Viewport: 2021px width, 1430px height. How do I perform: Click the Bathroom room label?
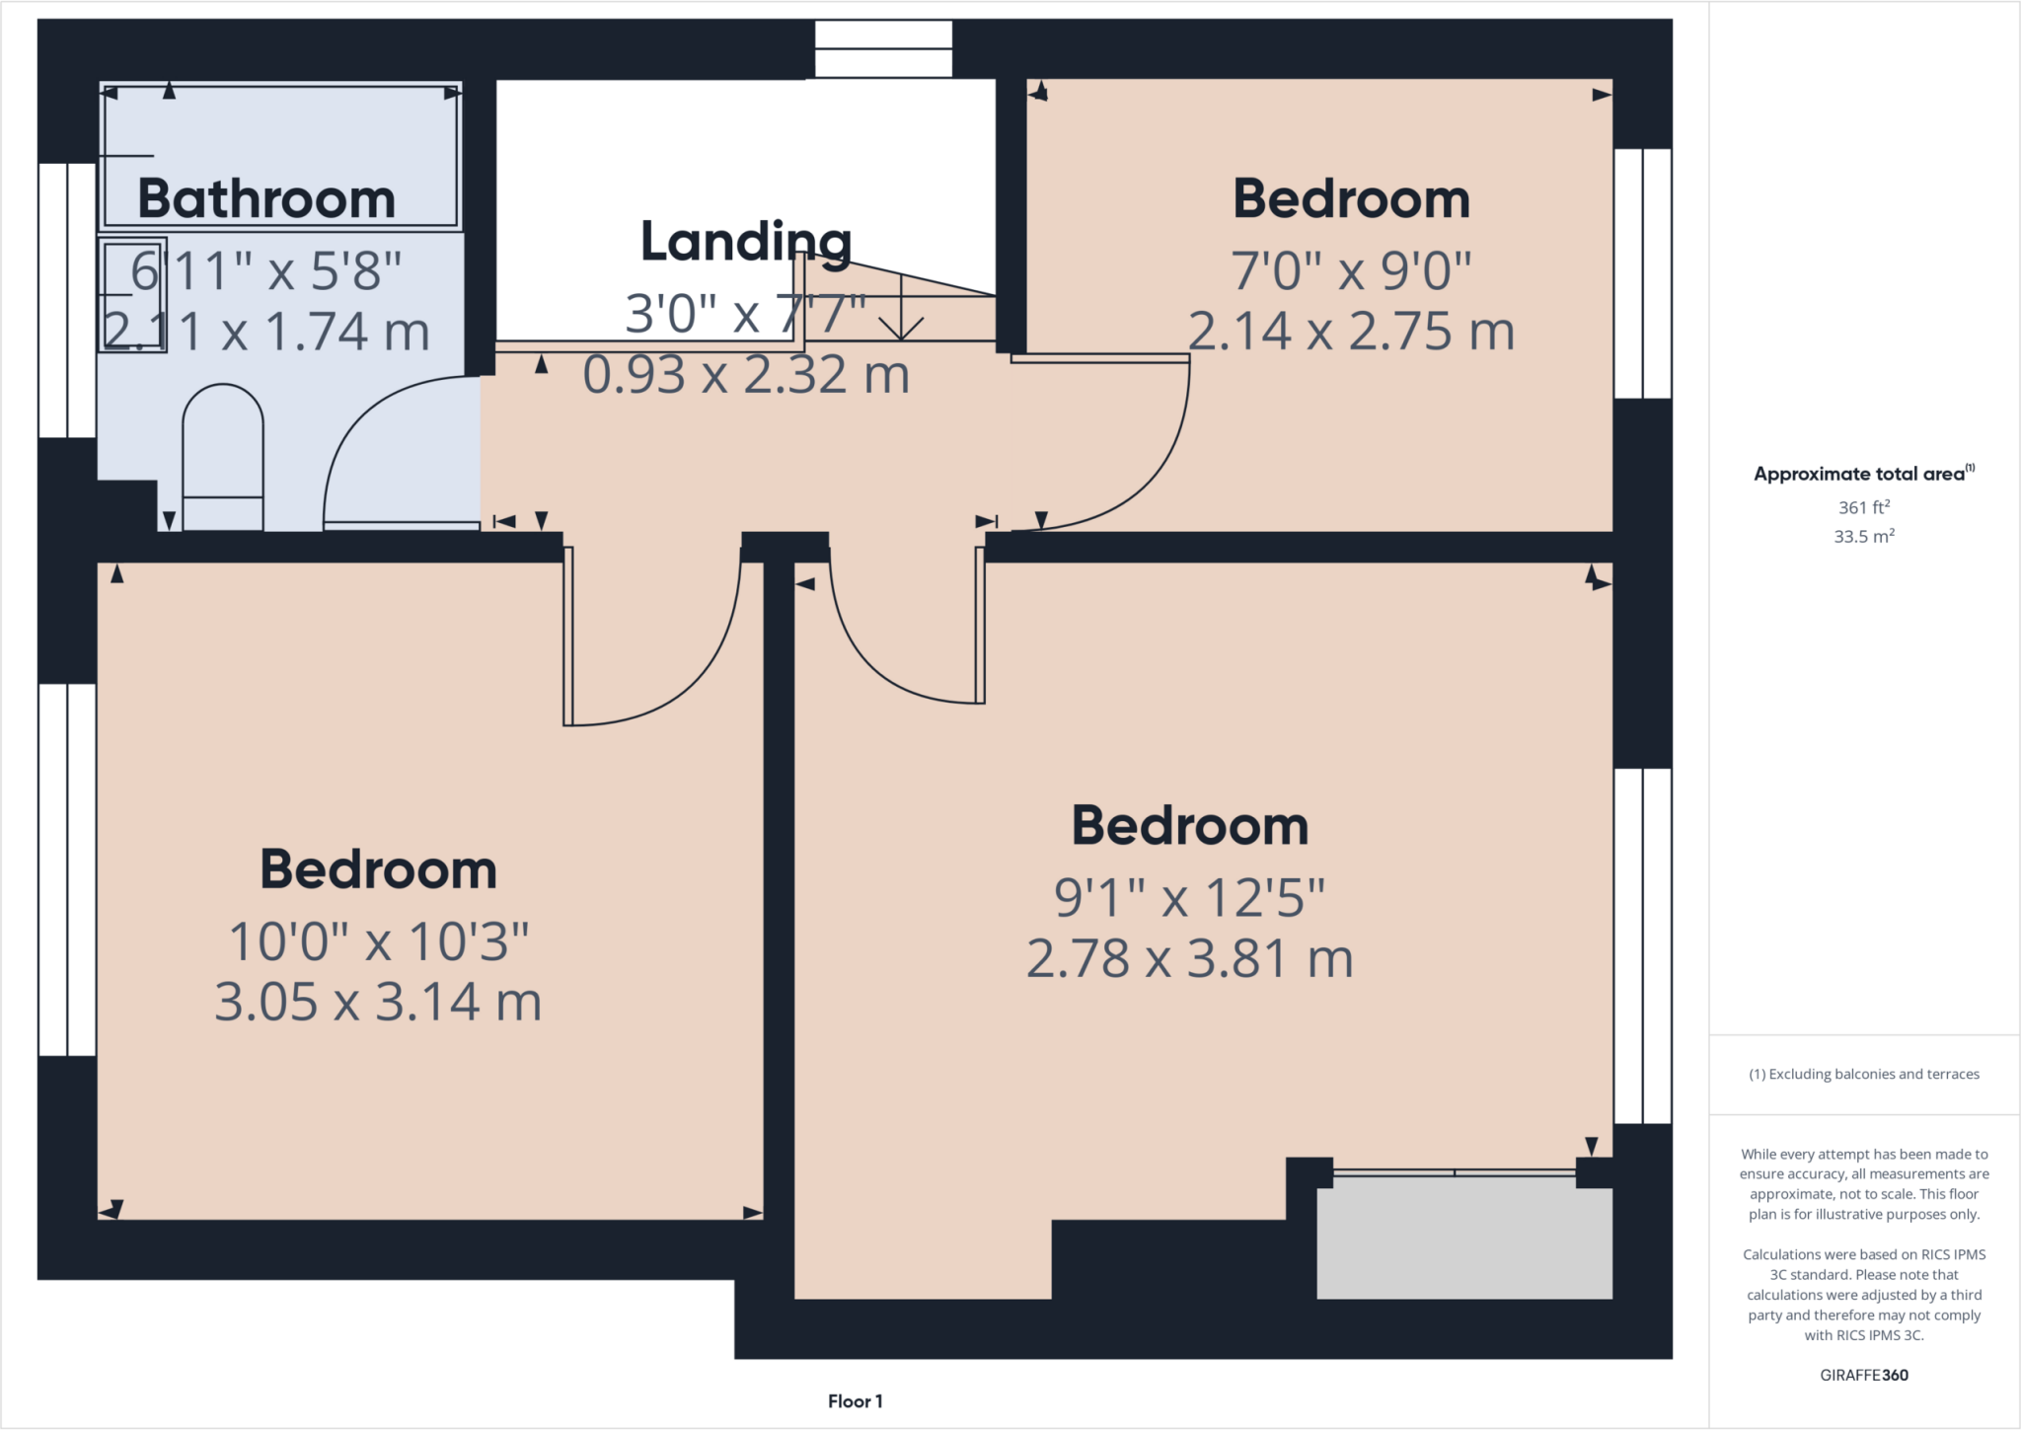(266, 199)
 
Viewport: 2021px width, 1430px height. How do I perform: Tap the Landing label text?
(745, 242)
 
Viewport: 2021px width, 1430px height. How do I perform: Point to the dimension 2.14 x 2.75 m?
(1351, 332)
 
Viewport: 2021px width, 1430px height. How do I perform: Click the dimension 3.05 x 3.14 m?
(378, 1003)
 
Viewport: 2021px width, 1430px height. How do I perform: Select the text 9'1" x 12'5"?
(1189, 898)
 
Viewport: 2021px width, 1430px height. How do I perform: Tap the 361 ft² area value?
(1863, 507)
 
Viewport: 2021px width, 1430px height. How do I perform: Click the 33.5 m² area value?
(1863, 537)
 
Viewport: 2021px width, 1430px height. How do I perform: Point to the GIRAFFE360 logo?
(1863, 1375)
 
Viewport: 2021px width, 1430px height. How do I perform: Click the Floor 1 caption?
(855, 1401)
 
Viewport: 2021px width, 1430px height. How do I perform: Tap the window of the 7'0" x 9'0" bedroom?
(1642, 273)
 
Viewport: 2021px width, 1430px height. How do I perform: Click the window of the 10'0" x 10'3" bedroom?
(67, 869)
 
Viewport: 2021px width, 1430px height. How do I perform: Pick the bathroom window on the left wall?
(67, 300)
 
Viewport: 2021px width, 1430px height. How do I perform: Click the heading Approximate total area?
(1863, 474)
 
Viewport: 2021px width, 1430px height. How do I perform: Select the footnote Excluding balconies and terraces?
(1863, 1075)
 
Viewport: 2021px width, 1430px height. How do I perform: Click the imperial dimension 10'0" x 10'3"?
(378, 942)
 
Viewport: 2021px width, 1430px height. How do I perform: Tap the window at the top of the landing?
(883, 49)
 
